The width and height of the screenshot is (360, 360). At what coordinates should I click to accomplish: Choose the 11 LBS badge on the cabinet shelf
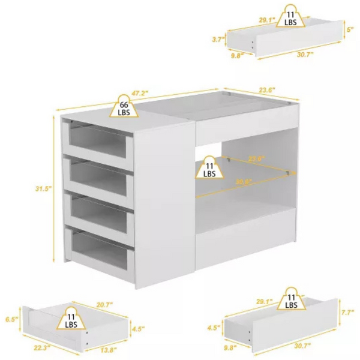point(209,169)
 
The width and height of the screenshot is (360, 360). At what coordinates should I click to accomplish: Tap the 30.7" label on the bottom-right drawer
point(305,347)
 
